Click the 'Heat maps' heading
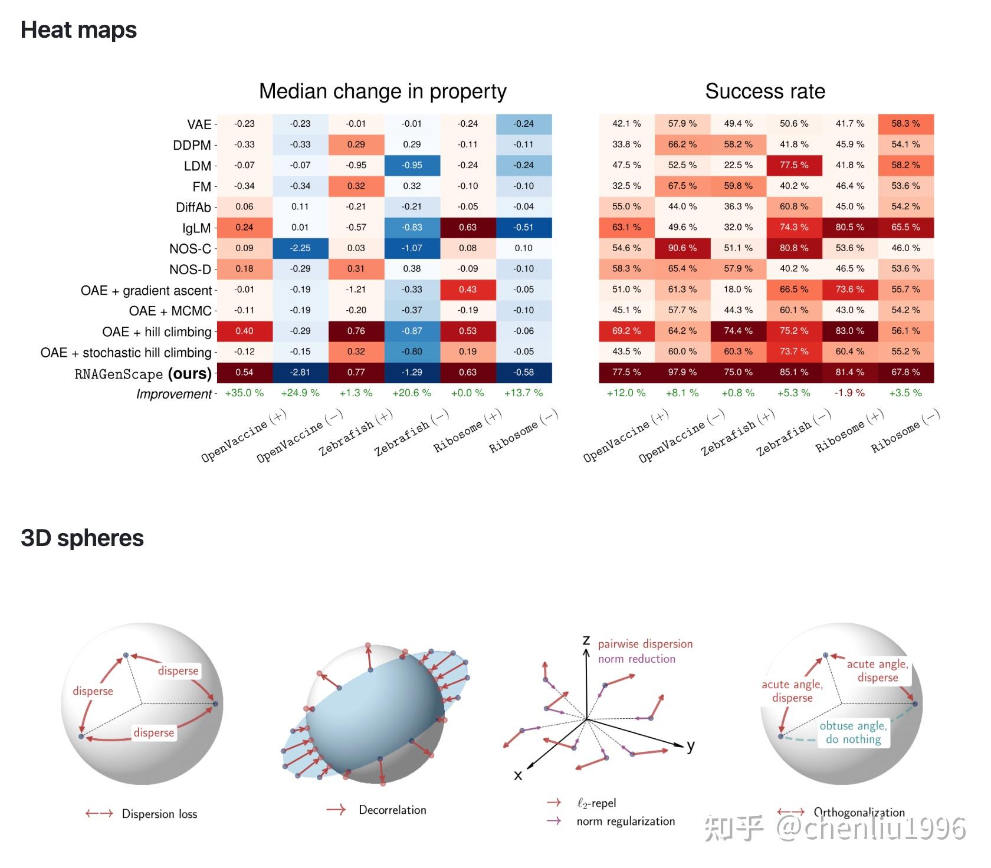click(x=78, y=30)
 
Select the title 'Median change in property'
click(x=383, y=91)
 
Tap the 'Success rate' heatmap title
click(x=765, y=91)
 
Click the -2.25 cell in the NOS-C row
click(x=300, y=248)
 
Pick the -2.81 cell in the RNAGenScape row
click(x=300, y=372)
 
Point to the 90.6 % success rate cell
click(x=682, y=248)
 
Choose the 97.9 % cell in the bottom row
click(x=682, y=372)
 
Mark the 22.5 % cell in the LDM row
click(x=739, y=165)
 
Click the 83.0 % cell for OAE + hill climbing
click(x=850, y=331)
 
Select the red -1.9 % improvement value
click(x=849, y=393)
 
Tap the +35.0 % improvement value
click(x=244, y=393)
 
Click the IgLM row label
click(x=196, y=228)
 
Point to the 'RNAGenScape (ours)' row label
click(x=143, y=374)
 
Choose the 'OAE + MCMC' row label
click(x=170, y=311)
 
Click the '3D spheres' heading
click(x=82, y=538)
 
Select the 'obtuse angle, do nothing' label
click(x=853, y=732)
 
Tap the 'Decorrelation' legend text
click(x=392, y=810)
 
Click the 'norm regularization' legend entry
click(x=626, y=821)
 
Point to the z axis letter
click(x=586, y=640)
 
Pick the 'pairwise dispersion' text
click(x=645, y=644)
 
